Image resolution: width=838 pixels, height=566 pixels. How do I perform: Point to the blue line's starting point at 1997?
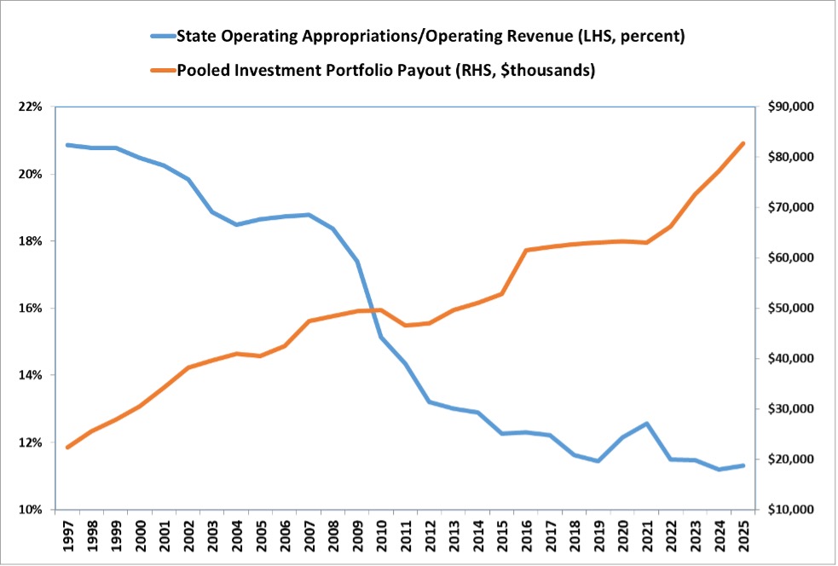pyautogui.click(x=67, y=145)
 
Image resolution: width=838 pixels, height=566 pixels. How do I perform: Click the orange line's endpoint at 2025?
pyautogui.click(x=743, y=143)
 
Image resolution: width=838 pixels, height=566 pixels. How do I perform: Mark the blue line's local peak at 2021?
pyautogui.click(x=647, y=424)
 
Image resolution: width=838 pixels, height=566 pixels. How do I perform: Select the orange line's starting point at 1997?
pyautogui.click(x=67, y=448)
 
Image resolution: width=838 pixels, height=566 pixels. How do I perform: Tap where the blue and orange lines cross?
pyautogui.click(x=373, y=310)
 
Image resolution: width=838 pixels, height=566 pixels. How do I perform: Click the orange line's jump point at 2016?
pyautogui.click(x=526, y=251)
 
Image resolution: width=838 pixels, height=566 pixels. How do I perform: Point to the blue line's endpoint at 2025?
pyautogui.click(x=743, y=465)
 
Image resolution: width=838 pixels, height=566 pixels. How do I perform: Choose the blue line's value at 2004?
pyautogui.click(x=236, y=225)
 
